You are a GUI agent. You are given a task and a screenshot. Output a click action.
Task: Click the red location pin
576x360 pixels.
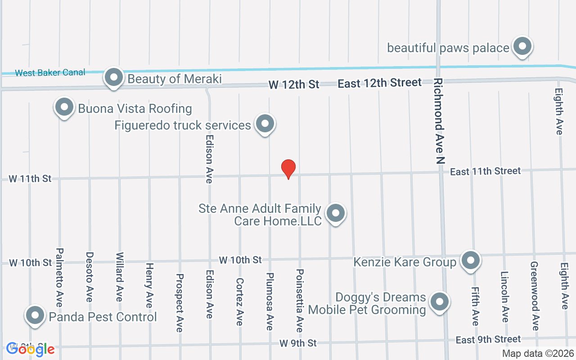click(x=288, y=169)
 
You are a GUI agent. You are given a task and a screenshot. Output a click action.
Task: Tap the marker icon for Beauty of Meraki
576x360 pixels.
click(x=114, y=77)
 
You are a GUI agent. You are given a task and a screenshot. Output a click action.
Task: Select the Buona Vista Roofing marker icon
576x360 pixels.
click(x=64, y=108)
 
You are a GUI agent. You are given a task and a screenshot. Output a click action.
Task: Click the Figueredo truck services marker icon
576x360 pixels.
click(x=265, y=124)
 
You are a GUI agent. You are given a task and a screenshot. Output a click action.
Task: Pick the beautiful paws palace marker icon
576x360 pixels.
click(x=522, y=46)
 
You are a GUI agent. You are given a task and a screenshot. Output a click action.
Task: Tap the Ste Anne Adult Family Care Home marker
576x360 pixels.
click(x=335, y=213)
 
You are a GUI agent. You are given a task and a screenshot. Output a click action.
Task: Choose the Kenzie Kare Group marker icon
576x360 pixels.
click(x=471, y=261)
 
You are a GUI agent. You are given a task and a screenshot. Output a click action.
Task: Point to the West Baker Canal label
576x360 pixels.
click(x=50, y=72)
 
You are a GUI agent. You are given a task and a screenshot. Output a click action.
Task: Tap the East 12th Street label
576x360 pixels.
click(x=379, y=83)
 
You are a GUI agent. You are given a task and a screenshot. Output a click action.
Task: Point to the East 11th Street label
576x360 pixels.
click(x=485, y=171)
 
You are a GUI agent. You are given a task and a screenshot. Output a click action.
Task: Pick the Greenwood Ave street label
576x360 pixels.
click(x=534, y=296)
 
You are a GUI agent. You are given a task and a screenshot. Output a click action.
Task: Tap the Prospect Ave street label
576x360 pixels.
click(x=180, y=302)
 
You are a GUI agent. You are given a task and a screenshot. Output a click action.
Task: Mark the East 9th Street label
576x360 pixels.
click(x=488, y=339)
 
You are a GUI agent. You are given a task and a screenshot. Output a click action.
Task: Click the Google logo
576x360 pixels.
click(x=30, y=349)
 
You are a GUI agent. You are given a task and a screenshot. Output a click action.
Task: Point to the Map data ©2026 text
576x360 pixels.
click(x=538, y=354)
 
